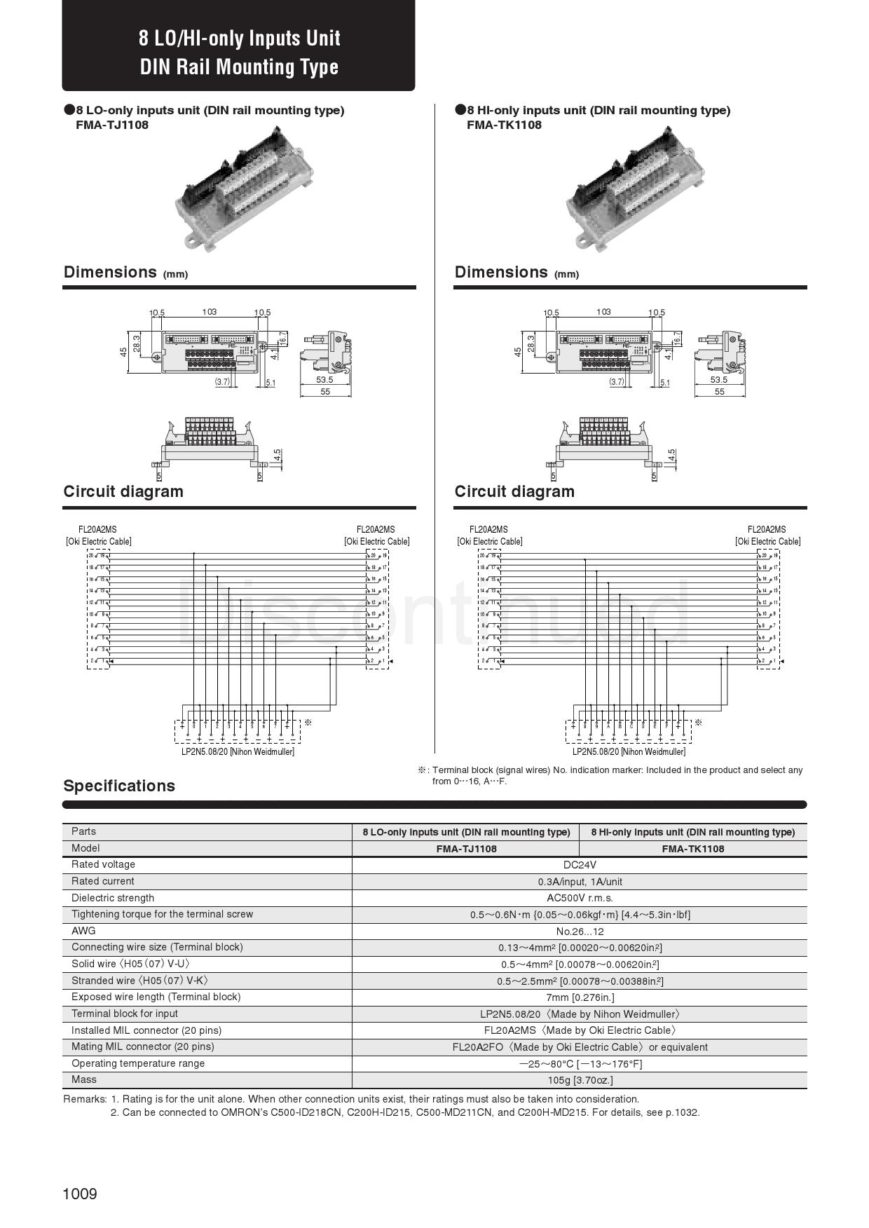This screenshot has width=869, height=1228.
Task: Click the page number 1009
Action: click(x=80, y=1194)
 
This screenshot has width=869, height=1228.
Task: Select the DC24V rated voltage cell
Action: click(x=580, y=865)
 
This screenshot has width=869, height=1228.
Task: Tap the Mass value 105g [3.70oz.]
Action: click(x=580, y=1080)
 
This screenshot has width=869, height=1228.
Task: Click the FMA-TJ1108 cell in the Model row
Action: click(x=466, y=849)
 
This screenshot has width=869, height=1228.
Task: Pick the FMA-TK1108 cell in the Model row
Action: click(x=693, y=849)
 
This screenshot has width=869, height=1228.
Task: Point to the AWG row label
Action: click(x=83, y=931)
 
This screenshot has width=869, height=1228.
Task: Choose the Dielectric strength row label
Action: click(x=113, y=898)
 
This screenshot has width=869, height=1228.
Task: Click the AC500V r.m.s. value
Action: click(x=580, y=898)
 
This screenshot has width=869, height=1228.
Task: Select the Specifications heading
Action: click(x=119, y=786)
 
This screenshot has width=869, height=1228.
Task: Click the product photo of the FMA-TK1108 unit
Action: click(x=635, y=187)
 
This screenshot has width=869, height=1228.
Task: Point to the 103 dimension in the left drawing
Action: click(x=209, y=312)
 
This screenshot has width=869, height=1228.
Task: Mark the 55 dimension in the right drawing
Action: click(x=720, y=392)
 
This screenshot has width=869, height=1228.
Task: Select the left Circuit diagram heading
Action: click(x=123, y=491)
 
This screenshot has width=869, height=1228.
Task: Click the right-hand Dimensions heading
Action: click(x=501, y=272)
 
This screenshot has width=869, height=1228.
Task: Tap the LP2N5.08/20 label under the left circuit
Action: click(x=238, y=751)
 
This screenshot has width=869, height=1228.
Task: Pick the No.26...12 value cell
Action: click(x=580, y=932)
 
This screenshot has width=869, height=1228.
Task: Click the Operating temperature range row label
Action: click(x=138, y=1063)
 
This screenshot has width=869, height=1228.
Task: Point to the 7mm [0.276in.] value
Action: click(x=580, y=997)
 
